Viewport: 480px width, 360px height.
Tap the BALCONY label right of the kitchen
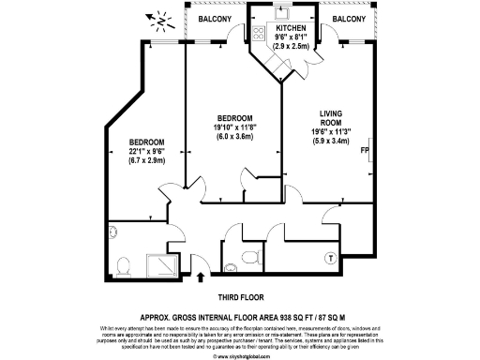point(350,19)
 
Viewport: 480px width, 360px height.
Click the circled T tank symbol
point(329,257)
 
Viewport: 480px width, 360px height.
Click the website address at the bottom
point(240,355)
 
